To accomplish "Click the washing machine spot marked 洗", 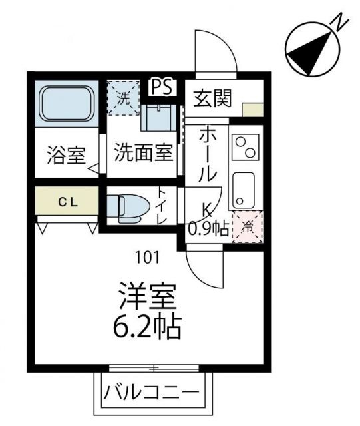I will [124, 97].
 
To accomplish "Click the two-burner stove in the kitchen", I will [244, 148].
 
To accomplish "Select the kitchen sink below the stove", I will [244, 188].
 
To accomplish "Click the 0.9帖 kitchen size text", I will [208, 228].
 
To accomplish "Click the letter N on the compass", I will [339, 23].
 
